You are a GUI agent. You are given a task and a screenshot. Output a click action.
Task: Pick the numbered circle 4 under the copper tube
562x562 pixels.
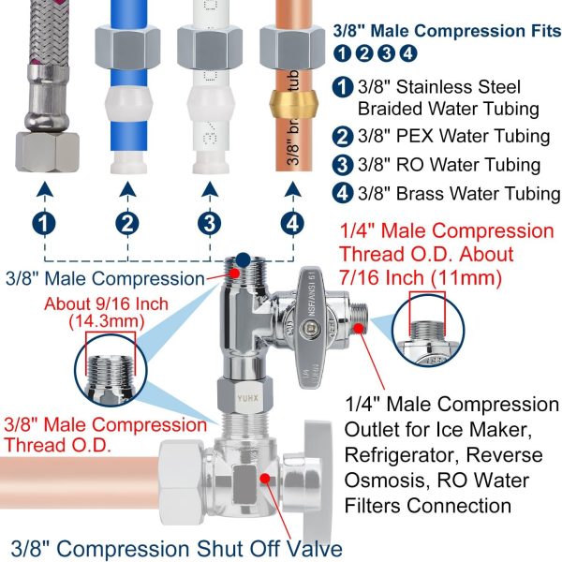tap(293, 224)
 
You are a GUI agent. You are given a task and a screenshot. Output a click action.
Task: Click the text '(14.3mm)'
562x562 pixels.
tap(106, 321)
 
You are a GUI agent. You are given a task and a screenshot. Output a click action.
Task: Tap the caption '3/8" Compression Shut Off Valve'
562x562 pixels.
tap(178, 548)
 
